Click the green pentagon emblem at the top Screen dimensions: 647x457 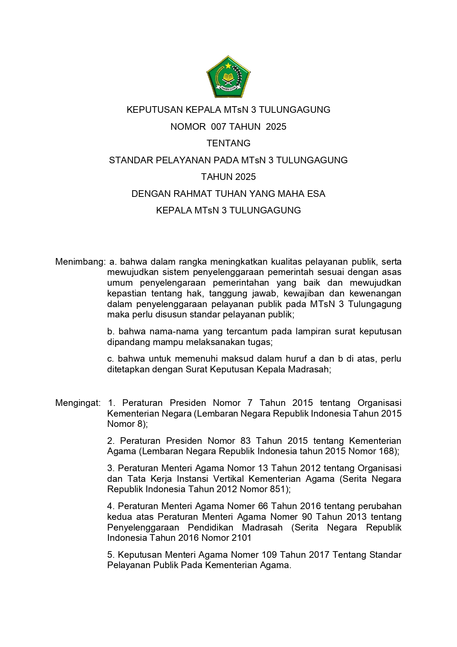pos(228,77)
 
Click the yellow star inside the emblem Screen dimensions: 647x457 pos(228,66)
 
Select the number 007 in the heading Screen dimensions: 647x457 pos(218,127)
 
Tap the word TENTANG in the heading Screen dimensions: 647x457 pos(228,143)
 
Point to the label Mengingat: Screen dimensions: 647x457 pos(78,403)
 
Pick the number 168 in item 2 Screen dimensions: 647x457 pos(388,451)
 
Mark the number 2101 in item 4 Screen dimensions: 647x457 pos(241,538)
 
